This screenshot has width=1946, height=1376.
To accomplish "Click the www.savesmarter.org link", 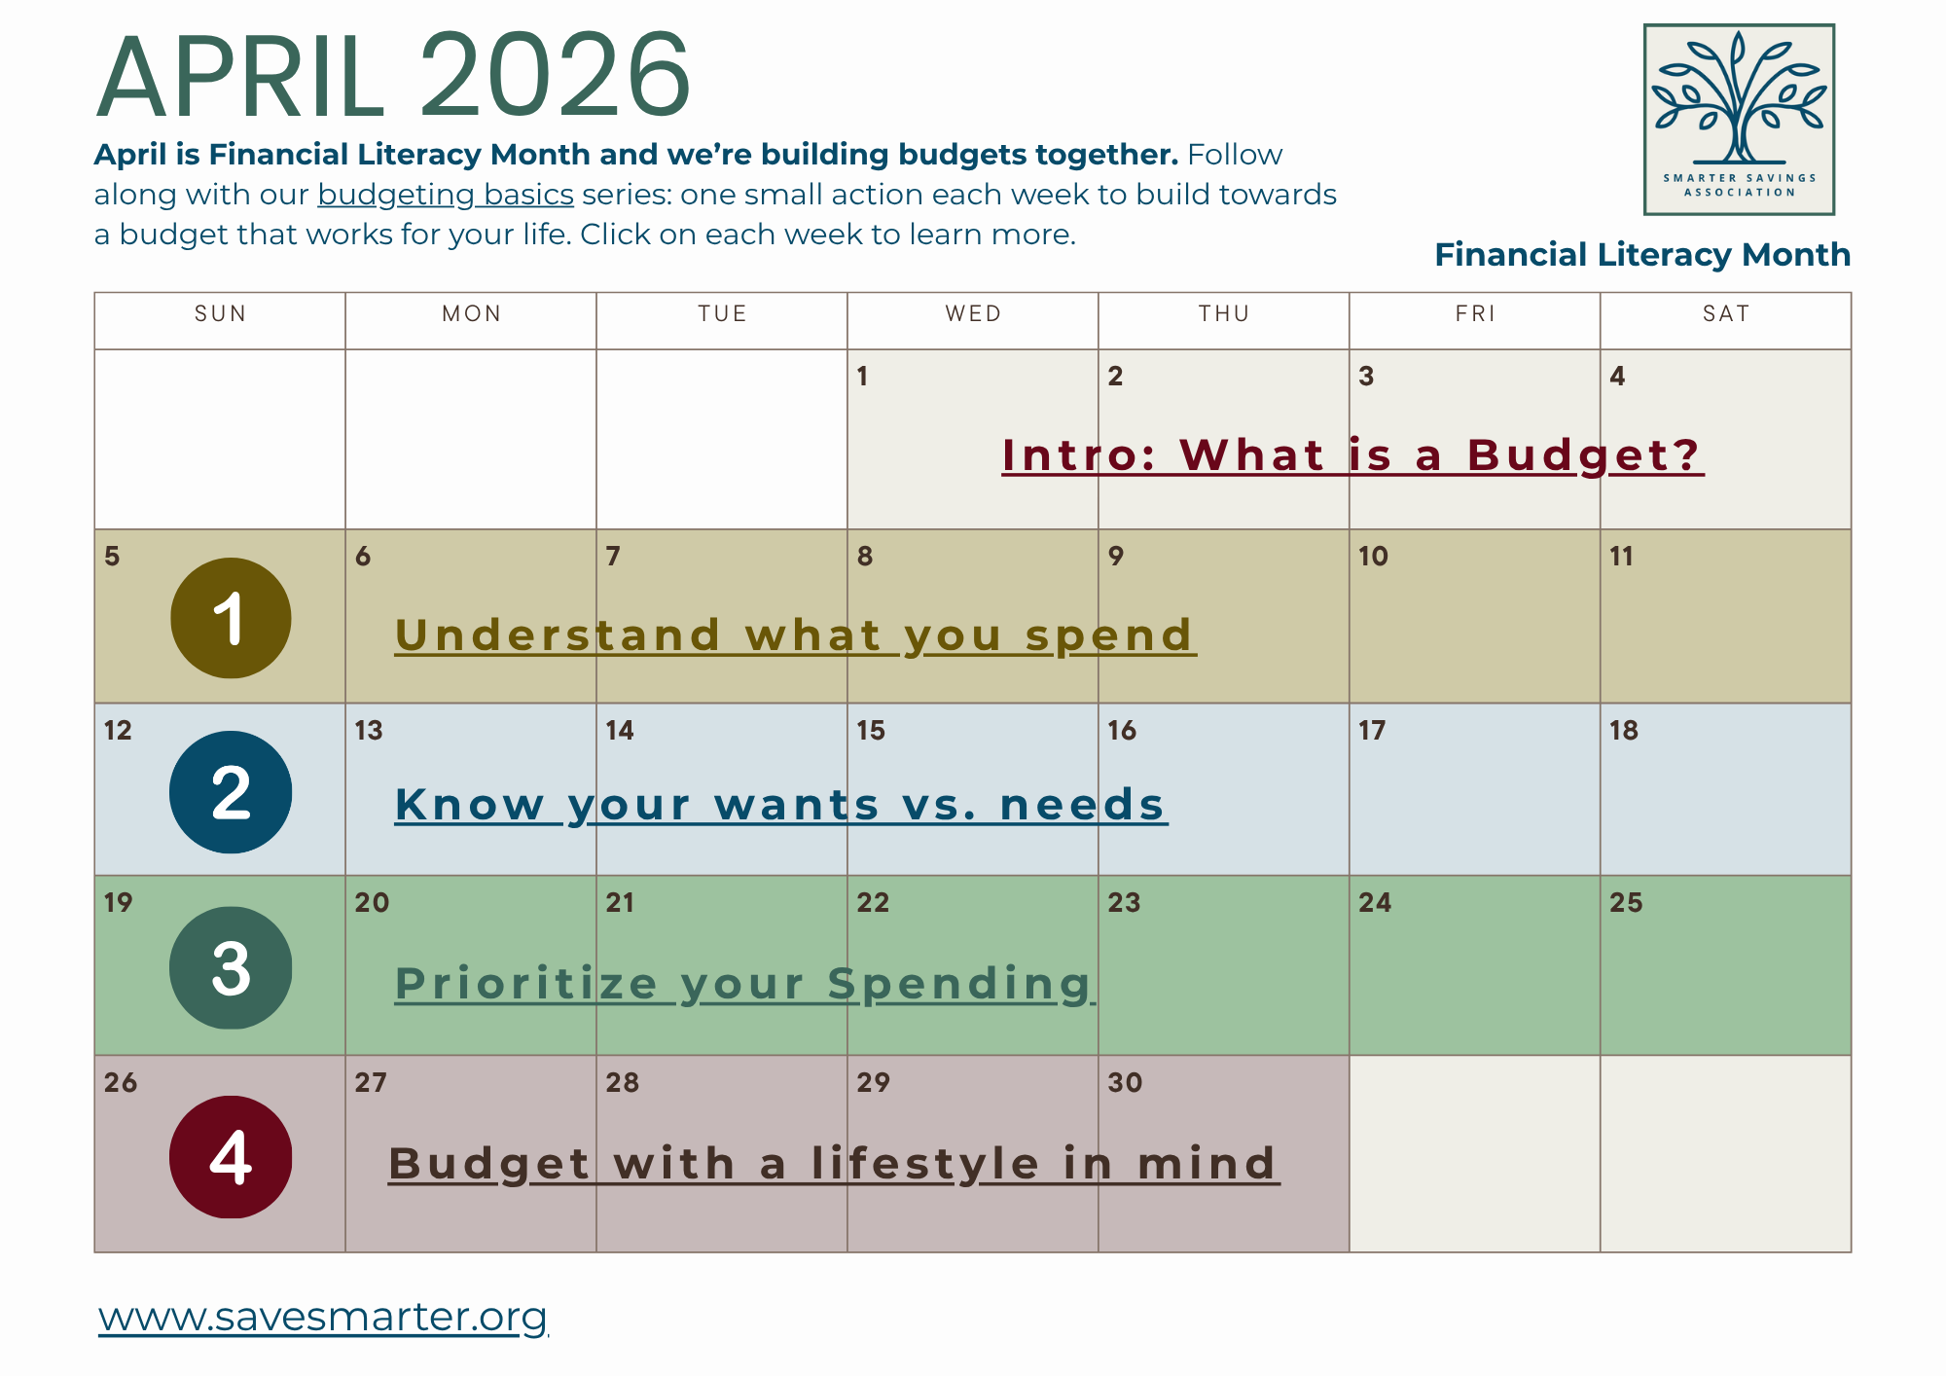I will [323, 1317].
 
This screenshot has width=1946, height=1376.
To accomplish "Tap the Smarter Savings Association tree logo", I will [1739, 119].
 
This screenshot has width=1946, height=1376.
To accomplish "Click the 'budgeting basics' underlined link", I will [446, 195].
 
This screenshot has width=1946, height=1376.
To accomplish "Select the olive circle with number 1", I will [231, 618].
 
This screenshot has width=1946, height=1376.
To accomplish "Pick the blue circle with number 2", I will [231, 792].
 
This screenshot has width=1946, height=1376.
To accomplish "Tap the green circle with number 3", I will [231, 968].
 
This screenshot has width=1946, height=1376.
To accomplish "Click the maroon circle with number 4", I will [231, 1157].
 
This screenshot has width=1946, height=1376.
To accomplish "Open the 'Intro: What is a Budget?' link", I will [1351, 454].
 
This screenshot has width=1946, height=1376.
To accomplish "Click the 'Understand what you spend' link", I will [794, 634].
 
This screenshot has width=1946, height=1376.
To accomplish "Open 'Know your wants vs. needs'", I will [780, 804].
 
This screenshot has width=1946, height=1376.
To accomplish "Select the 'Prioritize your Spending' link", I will [744, 983].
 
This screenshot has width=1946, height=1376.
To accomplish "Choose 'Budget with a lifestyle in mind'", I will [833, 1163].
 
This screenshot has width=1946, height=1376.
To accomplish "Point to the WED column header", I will [973, 313].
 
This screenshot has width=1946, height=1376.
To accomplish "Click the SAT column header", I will [1726, 313].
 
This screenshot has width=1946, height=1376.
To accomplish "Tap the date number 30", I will [1125, 1082].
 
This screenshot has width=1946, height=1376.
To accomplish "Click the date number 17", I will [1372, 730].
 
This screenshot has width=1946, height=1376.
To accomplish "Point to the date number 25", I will [1626, 902].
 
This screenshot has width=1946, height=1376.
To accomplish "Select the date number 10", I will [1373, 556].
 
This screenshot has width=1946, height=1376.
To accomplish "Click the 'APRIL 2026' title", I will [394, 76].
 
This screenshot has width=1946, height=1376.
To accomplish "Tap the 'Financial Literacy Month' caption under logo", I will [1642, 254].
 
